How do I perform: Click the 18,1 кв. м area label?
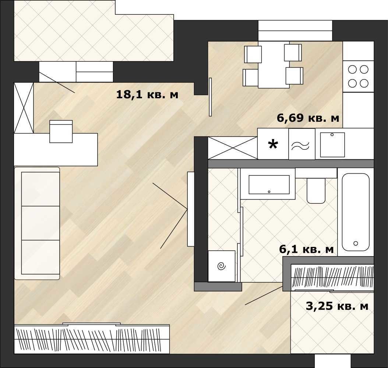[147, 95]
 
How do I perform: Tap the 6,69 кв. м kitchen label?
[308, 118]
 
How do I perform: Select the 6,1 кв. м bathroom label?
[306, 249]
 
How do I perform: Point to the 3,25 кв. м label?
[337, 306]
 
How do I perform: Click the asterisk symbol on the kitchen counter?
[273, 145]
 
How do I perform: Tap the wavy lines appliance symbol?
[300, 146]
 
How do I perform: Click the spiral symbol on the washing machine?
[222, 266]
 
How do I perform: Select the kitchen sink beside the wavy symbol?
[332, 145]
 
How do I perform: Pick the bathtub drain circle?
[356, 243]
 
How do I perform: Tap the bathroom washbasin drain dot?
[269, 192]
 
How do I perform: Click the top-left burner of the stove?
[352, 70]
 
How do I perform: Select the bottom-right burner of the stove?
[364, 83]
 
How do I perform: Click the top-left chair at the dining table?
[253, 54]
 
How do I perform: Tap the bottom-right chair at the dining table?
[294, 76]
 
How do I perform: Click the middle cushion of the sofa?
[40, 223]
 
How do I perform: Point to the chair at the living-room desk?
[61, 131]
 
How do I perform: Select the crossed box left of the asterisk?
[233, 148]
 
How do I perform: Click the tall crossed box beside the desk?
[24, 108]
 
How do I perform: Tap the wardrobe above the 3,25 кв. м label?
[332, 277]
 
